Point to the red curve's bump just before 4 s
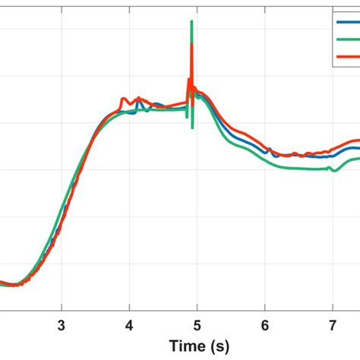click(124, 99)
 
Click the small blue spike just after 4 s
click(138, 104)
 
